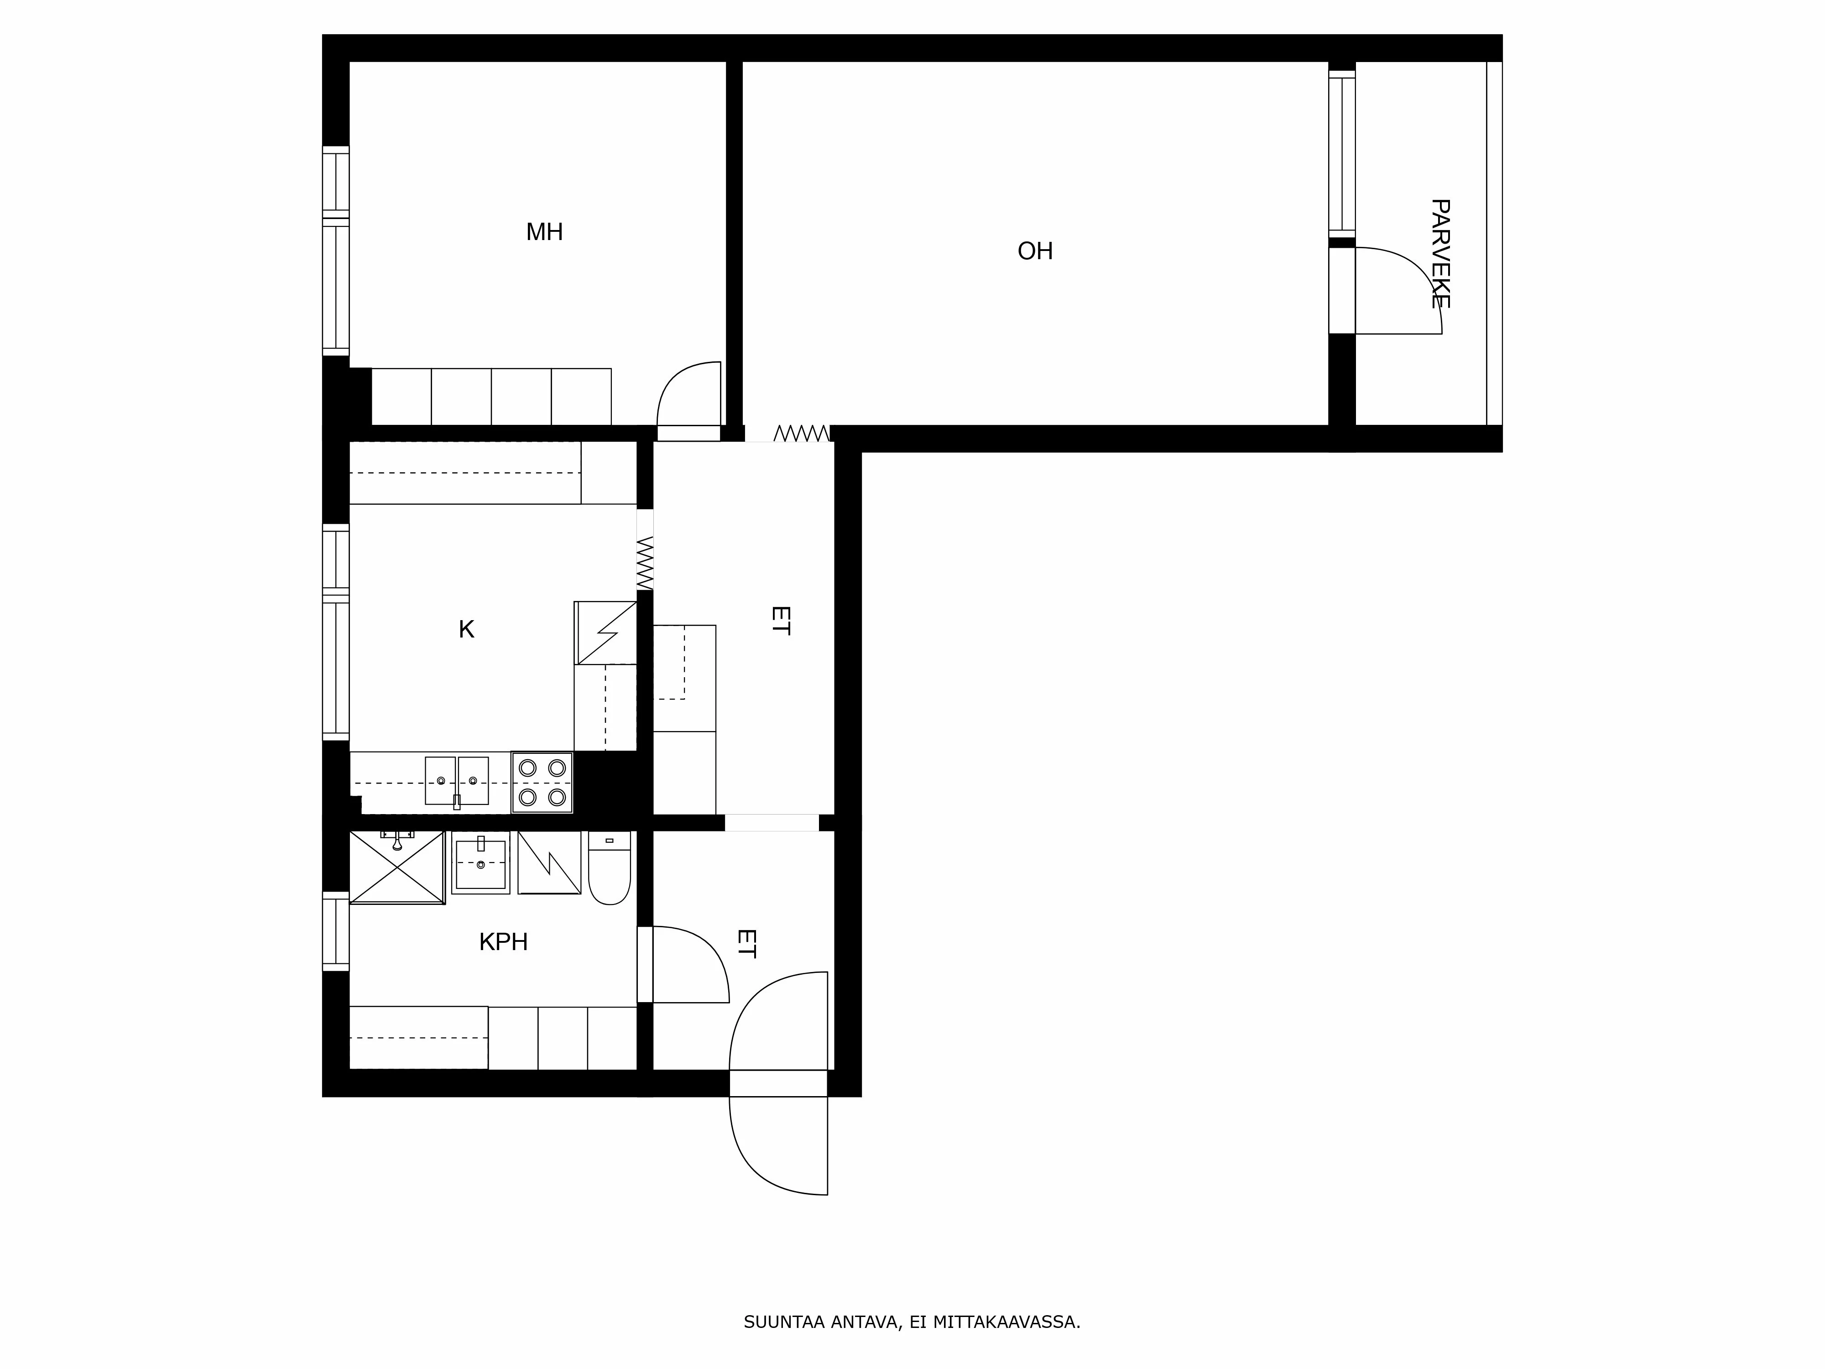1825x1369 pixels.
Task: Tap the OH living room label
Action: tap(1035, 251)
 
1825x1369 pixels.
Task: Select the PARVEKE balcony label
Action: tap(1440, 253)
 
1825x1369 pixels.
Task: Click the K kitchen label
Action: tap(466, 630)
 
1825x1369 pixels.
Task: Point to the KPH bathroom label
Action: tap(503, 941)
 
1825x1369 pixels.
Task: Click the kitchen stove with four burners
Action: tap(542, 782)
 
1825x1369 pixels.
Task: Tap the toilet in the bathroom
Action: tap(610, 867)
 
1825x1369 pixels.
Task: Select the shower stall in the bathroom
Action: tap(398, 867)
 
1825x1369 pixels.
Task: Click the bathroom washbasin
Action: tap(480, 862)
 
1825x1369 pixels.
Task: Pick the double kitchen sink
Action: tap(456, 781)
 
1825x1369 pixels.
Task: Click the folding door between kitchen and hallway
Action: tap(645, 563)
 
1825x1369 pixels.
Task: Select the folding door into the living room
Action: tap(801, 433)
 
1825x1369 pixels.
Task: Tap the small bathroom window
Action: tap(336, 931)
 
